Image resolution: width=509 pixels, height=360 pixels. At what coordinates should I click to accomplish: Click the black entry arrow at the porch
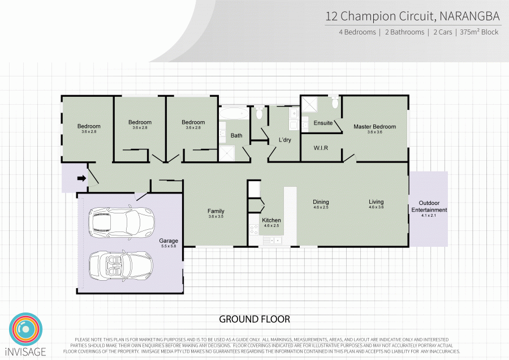point(81,178)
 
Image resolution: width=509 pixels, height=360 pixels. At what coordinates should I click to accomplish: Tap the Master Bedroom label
point(374,127)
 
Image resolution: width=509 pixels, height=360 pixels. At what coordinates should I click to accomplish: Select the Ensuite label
point(323,123)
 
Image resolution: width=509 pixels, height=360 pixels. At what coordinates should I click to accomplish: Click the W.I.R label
point(321,148)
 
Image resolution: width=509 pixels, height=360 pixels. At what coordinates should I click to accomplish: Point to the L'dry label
point(284,140)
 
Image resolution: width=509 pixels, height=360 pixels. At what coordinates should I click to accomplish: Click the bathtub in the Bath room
point(234,113)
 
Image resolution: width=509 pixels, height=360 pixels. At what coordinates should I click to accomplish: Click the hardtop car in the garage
point(122,221)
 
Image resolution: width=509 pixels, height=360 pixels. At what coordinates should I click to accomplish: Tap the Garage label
point(169,241)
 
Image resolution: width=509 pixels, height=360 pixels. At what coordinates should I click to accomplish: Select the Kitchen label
point(271,220)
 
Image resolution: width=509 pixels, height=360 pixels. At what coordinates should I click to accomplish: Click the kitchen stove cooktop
point(254,230)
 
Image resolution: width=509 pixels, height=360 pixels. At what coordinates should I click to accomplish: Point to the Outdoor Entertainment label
point(429,206)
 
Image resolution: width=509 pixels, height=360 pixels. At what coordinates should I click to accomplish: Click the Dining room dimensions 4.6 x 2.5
point(321,207)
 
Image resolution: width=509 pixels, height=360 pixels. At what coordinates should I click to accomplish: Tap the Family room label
point(216,211)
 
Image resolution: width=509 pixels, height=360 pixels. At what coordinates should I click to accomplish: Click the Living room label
point(376,202)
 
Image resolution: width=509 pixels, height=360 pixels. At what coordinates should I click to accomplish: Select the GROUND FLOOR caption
point(255,319)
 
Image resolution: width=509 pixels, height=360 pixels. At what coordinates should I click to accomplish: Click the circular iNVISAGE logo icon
point(25,329)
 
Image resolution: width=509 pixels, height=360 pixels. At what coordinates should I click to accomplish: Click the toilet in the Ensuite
point(335,102)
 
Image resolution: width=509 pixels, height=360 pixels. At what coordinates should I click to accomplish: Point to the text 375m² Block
point(479,32)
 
